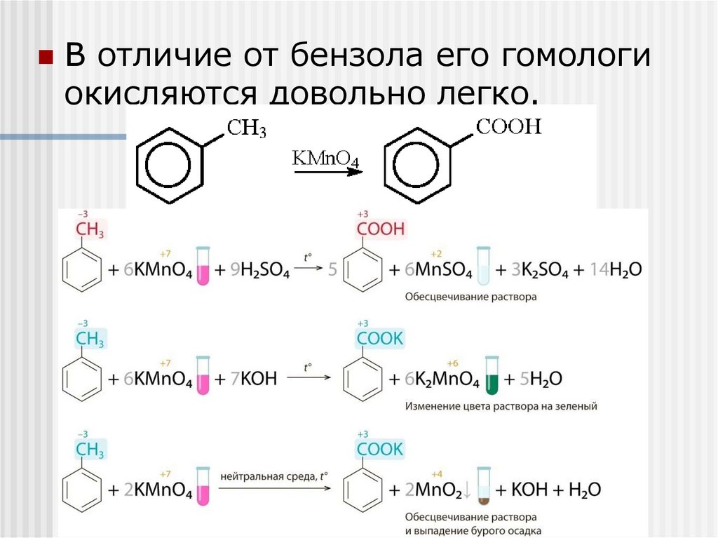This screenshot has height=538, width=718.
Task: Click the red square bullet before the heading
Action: (46, 57)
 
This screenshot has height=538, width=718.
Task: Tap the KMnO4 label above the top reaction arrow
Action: (325, 158)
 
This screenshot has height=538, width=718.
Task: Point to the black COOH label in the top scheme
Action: (509, 127)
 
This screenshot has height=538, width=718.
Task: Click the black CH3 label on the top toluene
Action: (245, 129)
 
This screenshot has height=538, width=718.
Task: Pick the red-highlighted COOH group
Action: (381, 229)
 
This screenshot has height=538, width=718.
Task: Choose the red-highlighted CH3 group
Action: (90, 229)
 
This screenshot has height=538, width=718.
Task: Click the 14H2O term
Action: (616, 270)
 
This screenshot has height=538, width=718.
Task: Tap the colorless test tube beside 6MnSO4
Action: (483, 267)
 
